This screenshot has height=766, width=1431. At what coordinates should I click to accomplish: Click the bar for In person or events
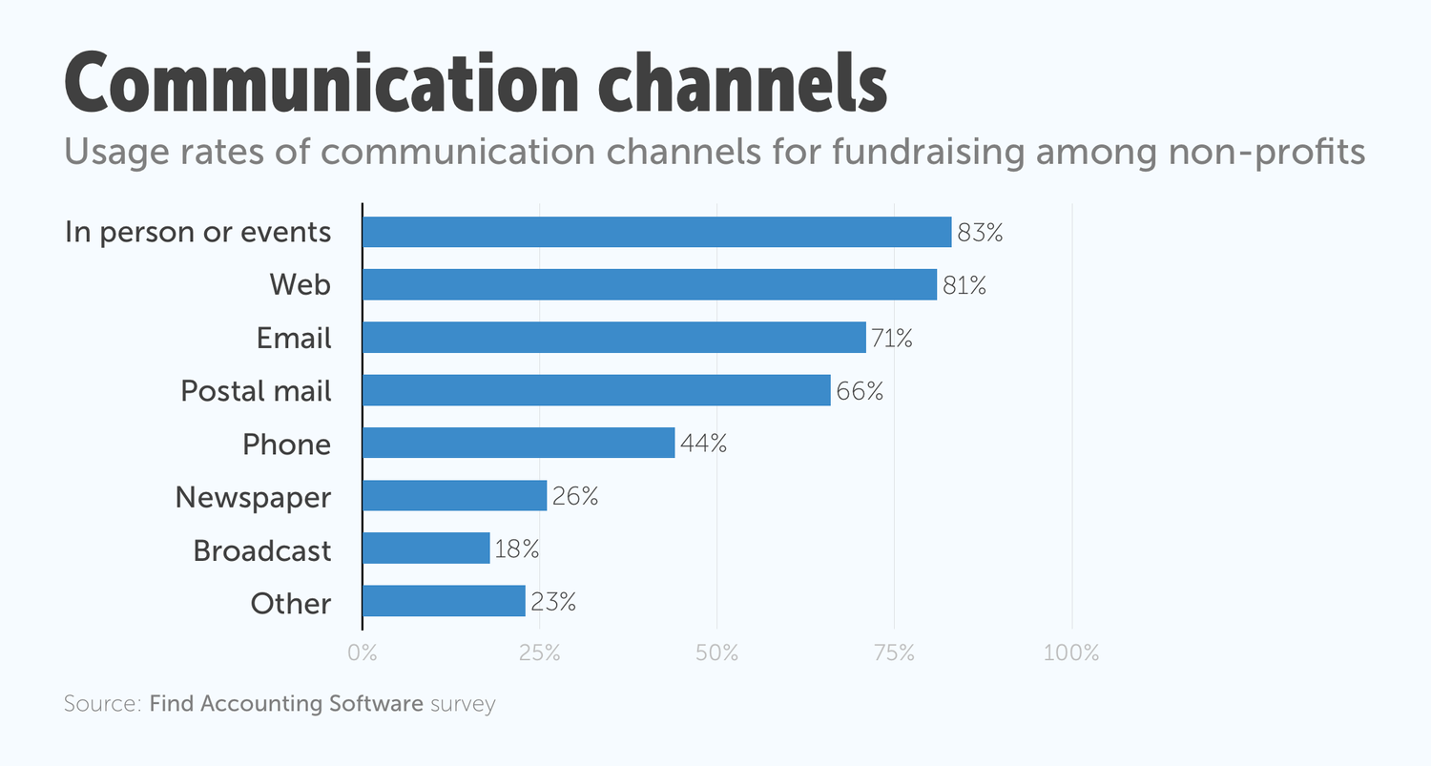(656, 232)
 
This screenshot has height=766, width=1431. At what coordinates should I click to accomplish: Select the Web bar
(650, 284)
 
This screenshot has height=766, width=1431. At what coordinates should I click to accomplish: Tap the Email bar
(614, 338)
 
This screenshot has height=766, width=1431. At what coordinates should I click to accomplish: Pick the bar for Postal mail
(596, 390)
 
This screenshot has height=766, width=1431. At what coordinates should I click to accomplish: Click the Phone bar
(519, 444)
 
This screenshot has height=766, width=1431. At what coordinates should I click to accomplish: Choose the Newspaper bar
(455, 496)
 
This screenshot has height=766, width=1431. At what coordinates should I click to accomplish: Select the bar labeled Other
(444, 602)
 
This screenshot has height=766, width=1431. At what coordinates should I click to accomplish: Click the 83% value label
(980, 233)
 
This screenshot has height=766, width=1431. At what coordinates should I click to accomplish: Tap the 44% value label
(703, 445)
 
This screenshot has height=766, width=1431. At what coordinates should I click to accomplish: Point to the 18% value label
(517, 550)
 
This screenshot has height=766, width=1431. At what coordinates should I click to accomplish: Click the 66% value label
(860, 391)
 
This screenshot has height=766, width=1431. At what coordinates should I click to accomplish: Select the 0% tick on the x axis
(363, 653)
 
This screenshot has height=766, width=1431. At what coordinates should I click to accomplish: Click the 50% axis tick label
(717, 653)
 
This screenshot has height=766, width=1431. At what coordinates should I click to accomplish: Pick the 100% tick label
(1071, 653)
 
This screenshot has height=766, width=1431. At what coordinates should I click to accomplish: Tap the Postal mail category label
(256, 391)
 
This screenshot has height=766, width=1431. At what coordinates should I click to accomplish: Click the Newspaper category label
(253, 497)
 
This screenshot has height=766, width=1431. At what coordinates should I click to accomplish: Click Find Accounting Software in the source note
(286, 705)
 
